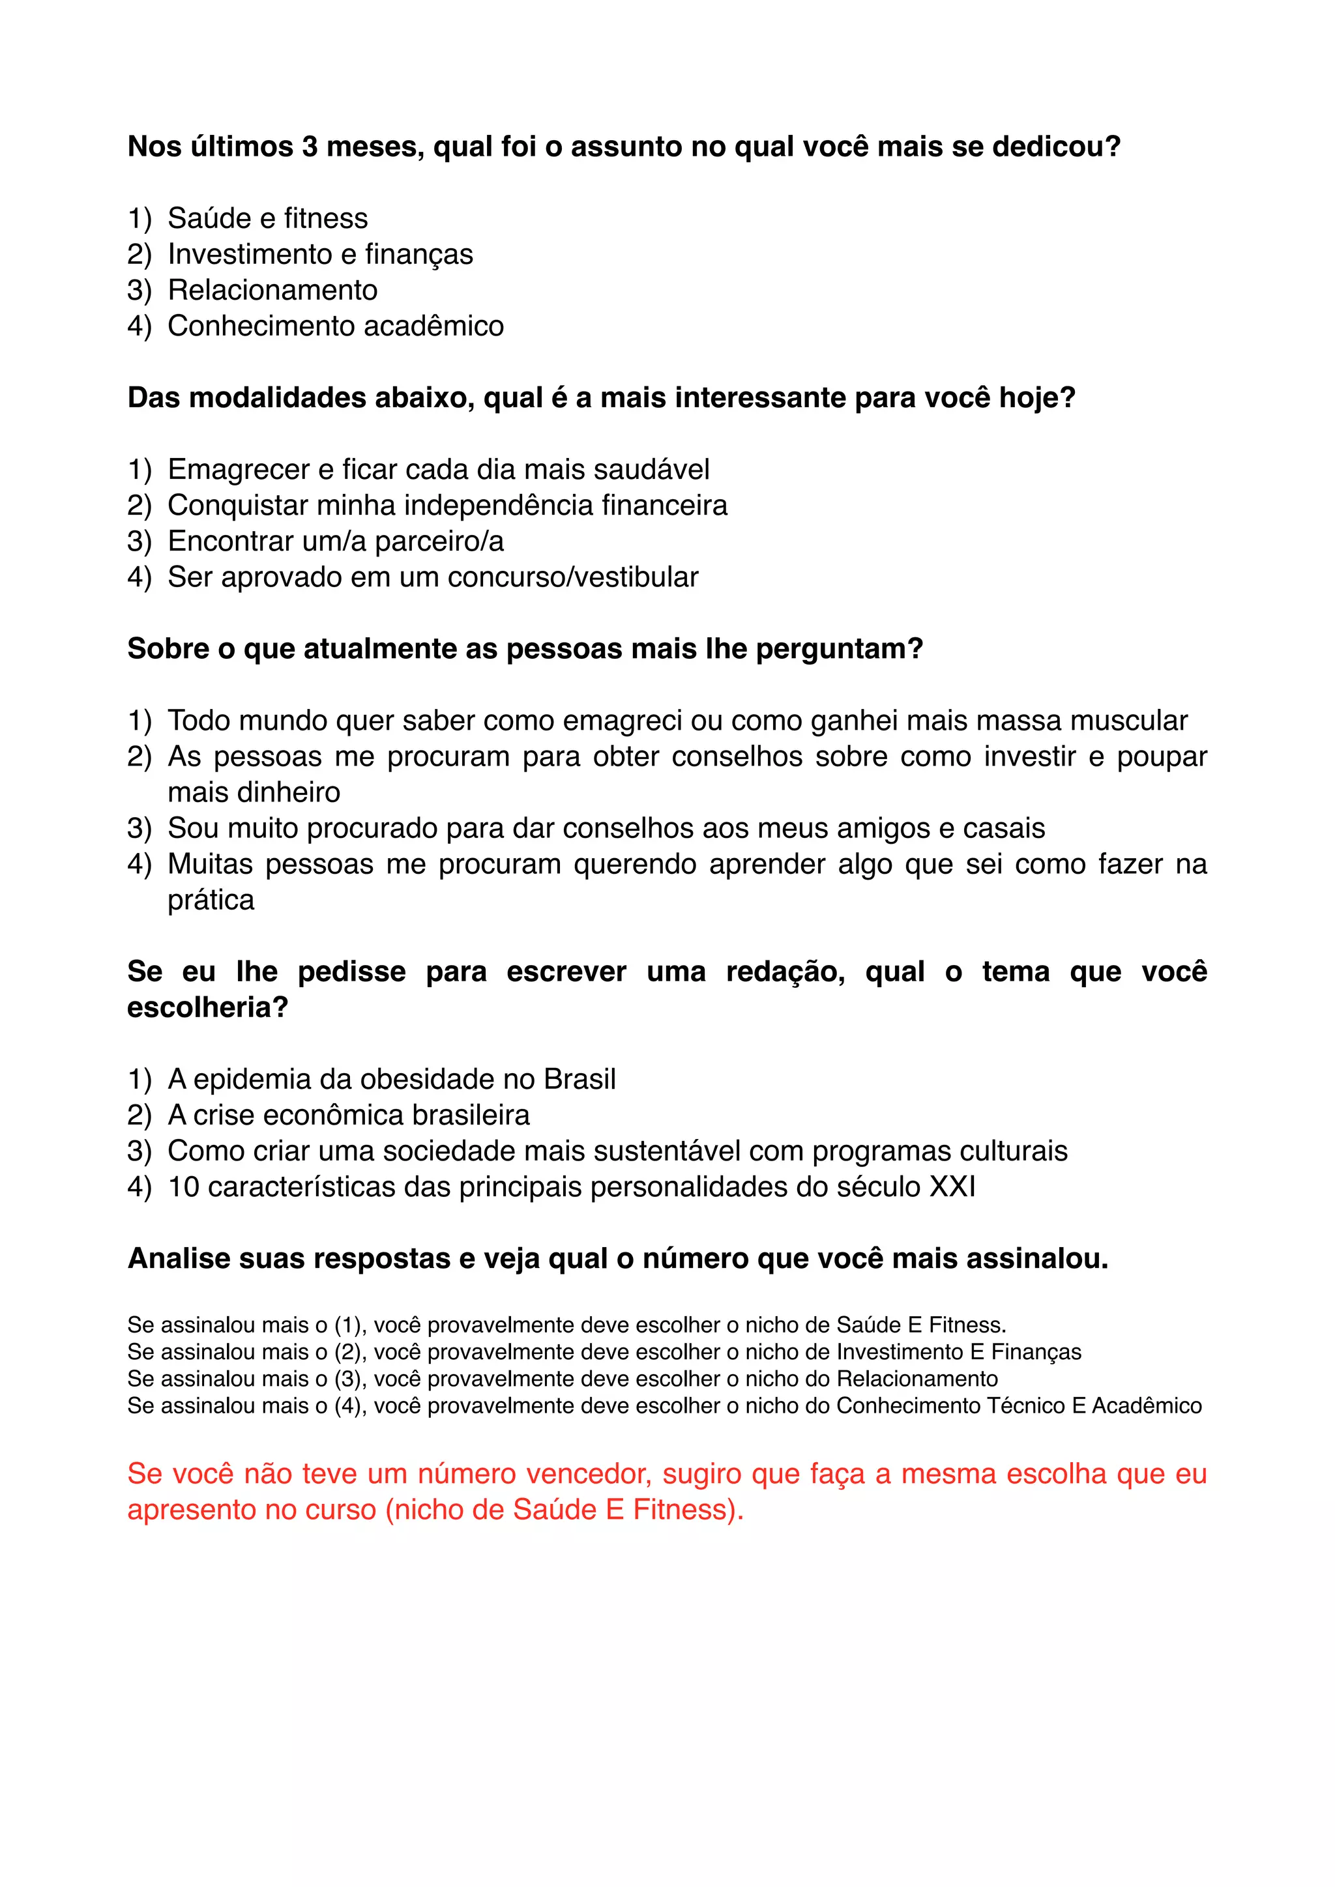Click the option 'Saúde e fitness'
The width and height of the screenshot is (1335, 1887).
tap(267, 219)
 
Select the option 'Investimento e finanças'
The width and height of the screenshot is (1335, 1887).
tap(320, 255)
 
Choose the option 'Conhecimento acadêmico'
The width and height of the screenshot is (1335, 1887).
tap(336, 326)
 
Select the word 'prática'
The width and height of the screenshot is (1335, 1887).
tap(211, 900)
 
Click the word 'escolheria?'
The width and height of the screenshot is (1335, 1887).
tap(208, 1007)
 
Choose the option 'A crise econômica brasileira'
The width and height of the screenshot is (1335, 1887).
tap(349, 1116)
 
